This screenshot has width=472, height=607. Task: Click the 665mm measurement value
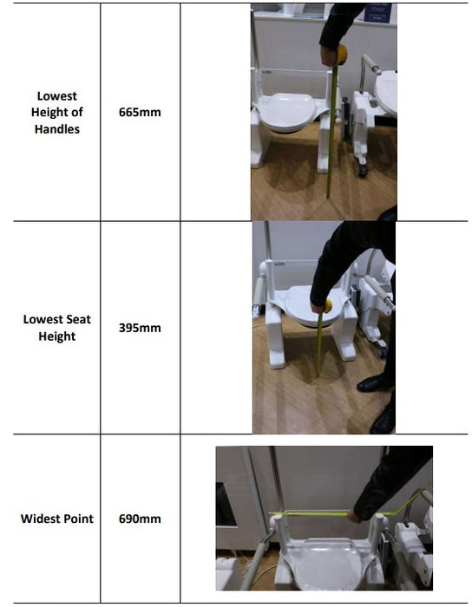coord(140,112)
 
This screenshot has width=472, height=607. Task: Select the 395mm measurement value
coord(140,328)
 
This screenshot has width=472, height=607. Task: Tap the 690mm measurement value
coord(140,519)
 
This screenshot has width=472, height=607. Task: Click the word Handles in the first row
coord(57,129)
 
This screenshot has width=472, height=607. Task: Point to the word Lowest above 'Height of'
coord(57,95)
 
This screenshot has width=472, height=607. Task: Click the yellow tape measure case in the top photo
coord(342,55)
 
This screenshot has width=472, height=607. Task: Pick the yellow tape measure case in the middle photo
coord(328,306)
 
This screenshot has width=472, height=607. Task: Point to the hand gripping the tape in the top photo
coord(330,55)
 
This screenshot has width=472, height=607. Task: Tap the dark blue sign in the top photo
coord(378,14)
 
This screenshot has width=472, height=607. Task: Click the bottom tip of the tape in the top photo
coord(328,198)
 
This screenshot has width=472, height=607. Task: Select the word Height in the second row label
coord(57,336)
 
